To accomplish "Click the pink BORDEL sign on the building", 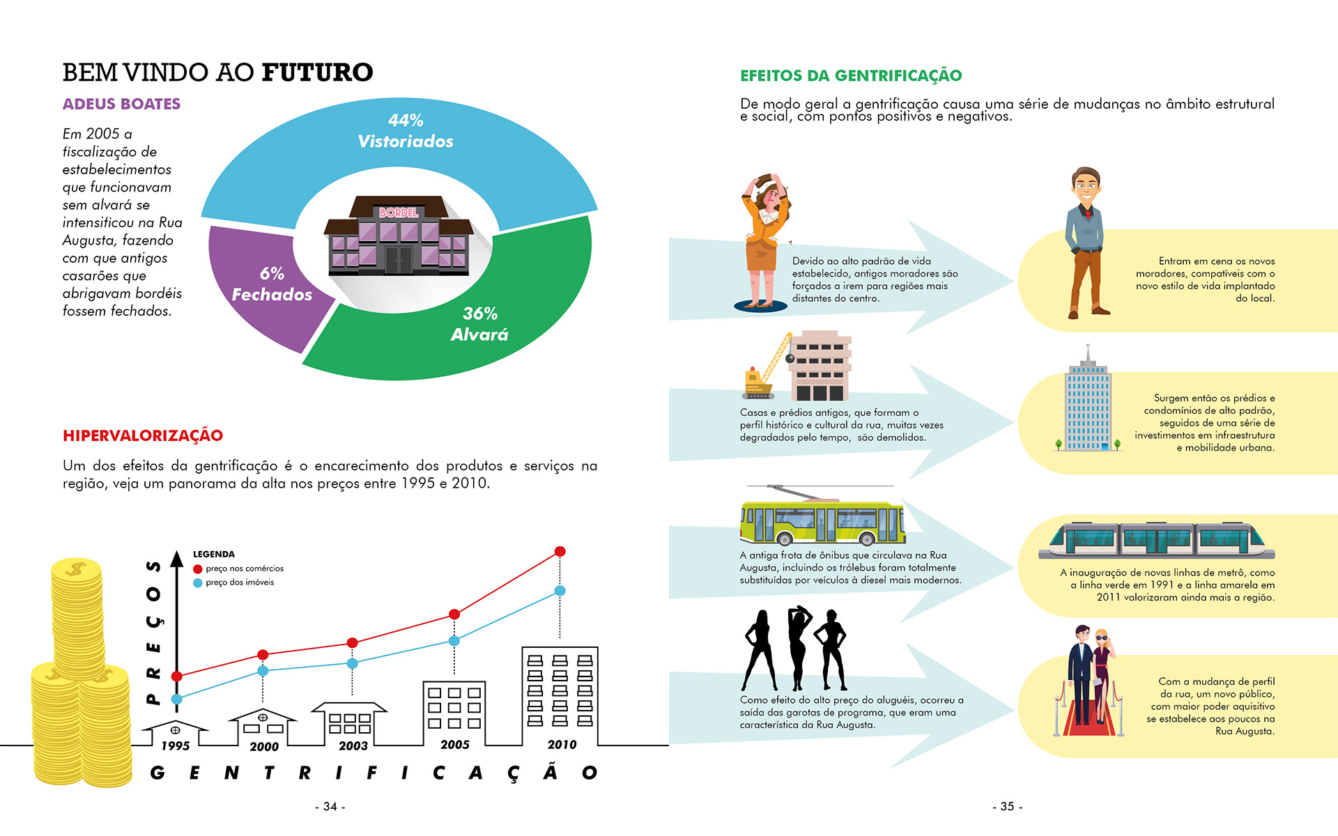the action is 399,212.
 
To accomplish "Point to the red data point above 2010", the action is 560,552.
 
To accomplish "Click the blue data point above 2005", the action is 454,641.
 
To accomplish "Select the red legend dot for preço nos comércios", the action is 198,569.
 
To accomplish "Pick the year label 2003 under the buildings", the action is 353,746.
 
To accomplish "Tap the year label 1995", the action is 176,746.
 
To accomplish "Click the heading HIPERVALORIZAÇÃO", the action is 143,436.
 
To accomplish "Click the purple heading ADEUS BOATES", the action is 121,104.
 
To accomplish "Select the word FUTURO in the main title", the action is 318,72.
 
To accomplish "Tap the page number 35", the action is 1008,807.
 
